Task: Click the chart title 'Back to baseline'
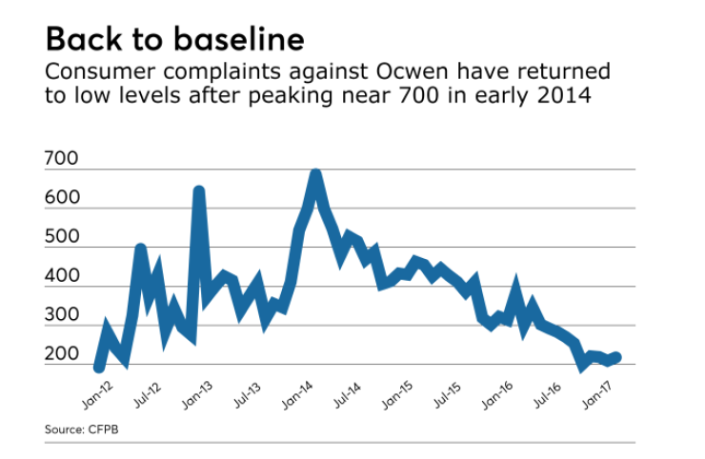(x=174, y=39)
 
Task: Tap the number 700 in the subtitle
(x=433, y=96)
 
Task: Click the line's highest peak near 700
(x=315, y=174)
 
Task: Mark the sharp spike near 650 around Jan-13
(x=199, y=191)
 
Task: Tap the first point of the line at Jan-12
(x=99, y=367)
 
